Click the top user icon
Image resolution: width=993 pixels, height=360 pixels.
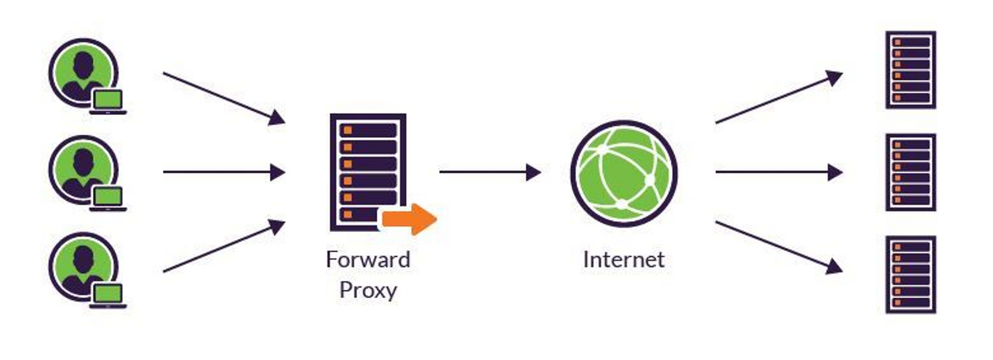(x=82, y=71)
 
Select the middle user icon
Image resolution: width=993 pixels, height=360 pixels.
(x=82, y=169)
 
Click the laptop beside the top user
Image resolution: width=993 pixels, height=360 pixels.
(x=108, y=101)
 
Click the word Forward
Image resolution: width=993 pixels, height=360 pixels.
(x=368, y=259)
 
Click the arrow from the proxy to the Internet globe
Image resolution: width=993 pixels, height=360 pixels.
(x=490, y=171)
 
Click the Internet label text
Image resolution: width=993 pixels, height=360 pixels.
(x=624, y=259)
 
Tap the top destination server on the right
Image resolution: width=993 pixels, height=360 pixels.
(x=911, y=70)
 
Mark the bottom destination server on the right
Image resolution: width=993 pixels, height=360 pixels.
(x=911, y=274)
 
